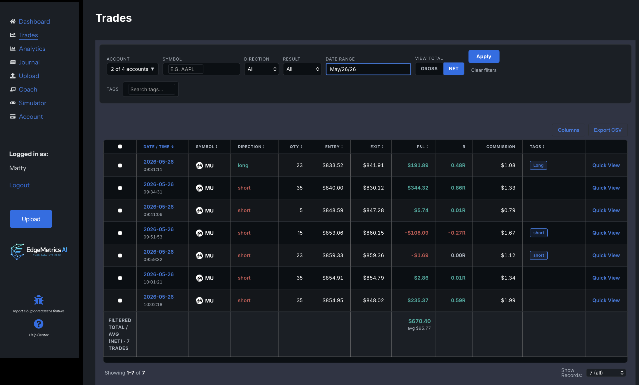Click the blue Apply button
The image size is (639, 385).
click(x=484, y=57)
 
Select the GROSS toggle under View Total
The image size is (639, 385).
click(x=429, y=69)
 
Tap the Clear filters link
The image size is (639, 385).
click(x=484, y=70)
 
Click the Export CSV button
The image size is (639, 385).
click(x=608, y=130)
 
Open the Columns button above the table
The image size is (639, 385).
click(x=568, y=130)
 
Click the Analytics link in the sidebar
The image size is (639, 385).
click(x=32, y=49)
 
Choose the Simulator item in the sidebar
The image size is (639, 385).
click(x=32, y=103)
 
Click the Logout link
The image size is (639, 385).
click(x=19, y=185)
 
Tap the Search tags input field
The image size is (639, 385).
click(x=152, y=89)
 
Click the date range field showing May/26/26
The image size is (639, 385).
click(x=368, y=69)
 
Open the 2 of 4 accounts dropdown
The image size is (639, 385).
click(x=133, y=69)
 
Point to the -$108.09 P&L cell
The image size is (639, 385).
click(x=417, y=233)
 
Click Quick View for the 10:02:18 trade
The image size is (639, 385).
click(x=606, y=300)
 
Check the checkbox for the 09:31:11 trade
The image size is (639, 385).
click(x=120, y=166)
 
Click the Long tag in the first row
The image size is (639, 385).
click(x=538, y=165)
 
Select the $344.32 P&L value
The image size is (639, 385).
click(x=418, y=188)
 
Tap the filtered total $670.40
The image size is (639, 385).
click(x=419, y=321)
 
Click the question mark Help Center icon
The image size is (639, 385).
click(x=39, y=324)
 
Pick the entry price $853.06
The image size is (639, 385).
click(x=333, y=233)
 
